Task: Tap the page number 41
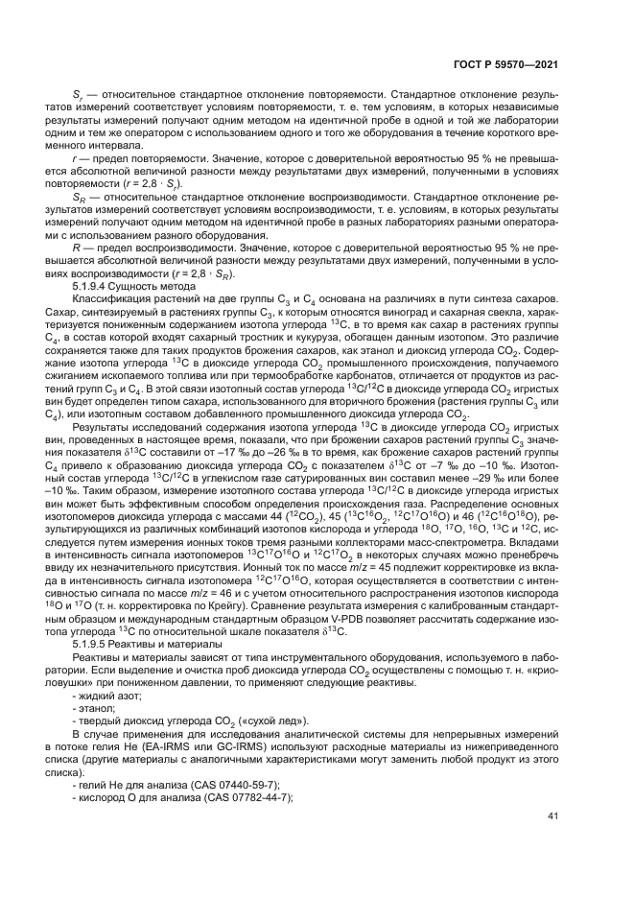(552, 815)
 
